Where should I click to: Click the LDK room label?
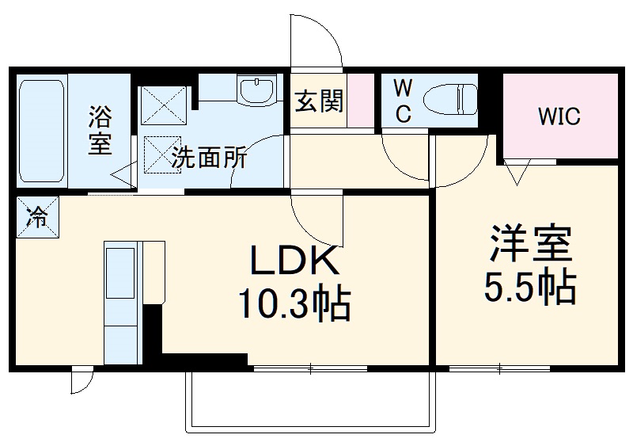coord(294,260)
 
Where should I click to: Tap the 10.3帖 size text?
coord(294,303)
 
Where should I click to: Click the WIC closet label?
coord(559,117)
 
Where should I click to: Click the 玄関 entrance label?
coord(319,101)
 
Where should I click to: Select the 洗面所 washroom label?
coord(209,158)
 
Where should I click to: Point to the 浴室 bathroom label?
coord(100,132)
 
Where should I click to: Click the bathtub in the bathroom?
coord(40,131)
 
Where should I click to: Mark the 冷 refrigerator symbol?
coord(36,215)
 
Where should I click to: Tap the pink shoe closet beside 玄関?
coord(360,101)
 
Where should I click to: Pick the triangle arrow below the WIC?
coord(518,171)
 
